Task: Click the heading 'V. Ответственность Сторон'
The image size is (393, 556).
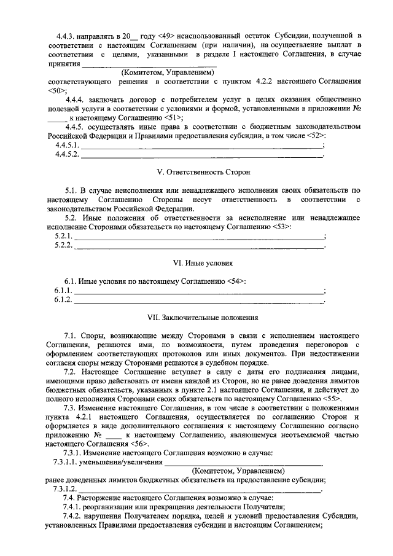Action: tap(196, 173)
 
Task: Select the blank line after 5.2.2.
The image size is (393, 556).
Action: tap(199, 246)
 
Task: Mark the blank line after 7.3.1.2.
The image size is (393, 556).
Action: tap(200, 489)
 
